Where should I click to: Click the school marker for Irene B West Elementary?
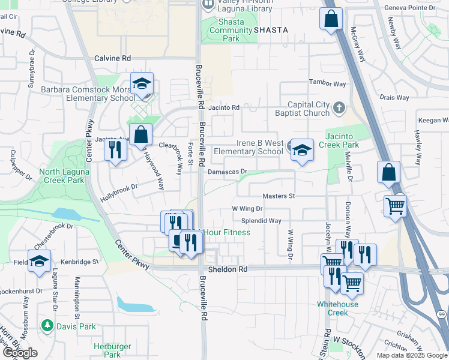pos(302,150)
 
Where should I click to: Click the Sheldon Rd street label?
pos(227,270)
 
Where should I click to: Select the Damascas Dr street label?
pos(228,172)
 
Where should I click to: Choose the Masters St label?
pos(279,196)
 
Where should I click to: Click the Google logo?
pos(20,352)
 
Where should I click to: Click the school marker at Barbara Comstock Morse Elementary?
pos(142,85)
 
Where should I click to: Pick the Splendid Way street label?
pos(265,221)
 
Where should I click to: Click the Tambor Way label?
pos(328,83)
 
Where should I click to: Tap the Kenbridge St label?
pos(79,262)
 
